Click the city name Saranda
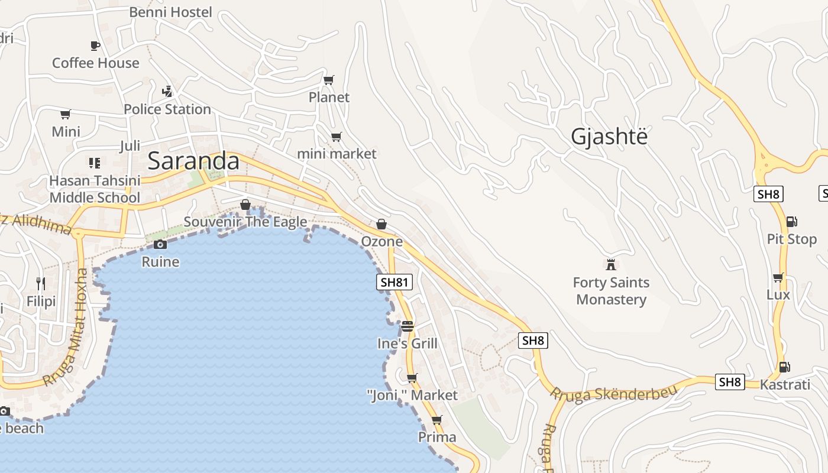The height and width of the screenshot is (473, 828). click(x=193, y=161)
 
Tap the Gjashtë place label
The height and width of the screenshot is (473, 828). click(x=609, y=137)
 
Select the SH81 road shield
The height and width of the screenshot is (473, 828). click(x=394, y=282)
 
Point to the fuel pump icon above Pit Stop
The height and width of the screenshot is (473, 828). click(x=791, y=222)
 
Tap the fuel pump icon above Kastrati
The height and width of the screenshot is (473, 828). click(x=784, y=367)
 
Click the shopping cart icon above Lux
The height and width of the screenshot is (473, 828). click(x=778, y=277)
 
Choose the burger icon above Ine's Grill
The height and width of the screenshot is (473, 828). click(x=407, y=326)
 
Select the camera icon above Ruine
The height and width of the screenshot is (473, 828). click(x=160, y=244)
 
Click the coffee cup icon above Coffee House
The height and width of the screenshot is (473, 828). click(x=95, y=46)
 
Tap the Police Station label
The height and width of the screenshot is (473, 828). click(x=167, y=109)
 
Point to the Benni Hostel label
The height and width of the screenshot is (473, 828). click(x=170, y=12)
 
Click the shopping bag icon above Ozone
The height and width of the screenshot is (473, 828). click(x=381, y=224)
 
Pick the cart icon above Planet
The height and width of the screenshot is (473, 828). click(x=329, y=80)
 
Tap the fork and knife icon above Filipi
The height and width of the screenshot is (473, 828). click(x=41, y=284)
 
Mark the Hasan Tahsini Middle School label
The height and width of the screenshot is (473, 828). click(x=95, y=189)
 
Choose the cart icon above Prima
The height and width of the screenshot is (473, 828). click(x=437, y=420)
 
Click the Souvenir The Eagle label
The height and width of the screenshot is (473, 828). click(x=245, y=222)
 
